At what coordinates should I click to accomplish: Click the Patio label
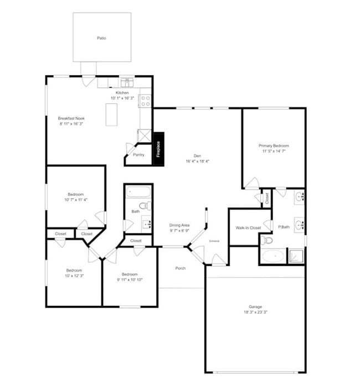(101, 38)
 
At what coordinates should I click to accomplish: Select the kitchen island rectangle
(112, 114)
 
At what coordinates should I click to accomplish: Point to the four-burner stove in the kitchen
(146, 100)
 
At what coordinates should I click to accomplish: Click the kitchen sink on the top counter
(127, 83)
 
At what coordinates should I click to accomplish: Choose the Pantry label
(138, 155)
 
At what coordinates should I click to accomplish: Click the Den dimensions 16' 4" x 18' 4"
(197, 162)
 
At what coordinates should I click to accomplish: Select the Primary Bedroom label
(274, 145)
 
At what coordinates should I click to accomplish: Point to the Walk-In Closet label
(248, 227)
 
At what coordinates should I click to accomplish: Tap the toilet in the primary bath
(267, 240)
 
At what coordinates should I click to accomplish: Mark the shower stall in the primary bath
(296, 256)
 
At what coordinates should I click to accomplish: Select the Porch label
(180, 268)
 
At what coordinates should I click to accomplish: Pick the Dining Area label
(179, 225)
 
